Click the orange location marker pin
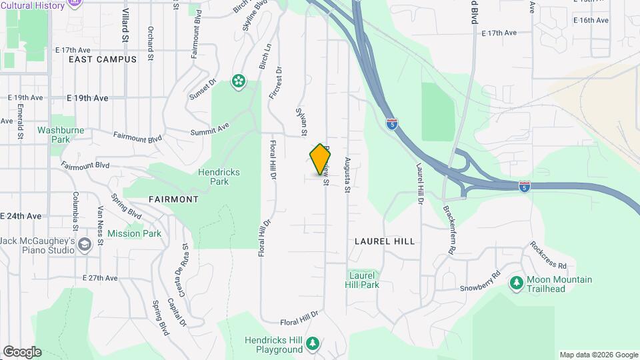(321, 159)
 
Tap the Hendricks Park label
(219, 177)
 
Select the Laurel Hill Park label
(362, 280)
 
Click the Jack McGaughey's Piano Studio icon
(85, 245)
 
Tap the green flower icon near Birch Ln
(238, 82)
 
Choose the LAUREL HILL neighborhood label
(385, 241)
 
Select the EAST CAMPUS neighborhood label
(103, 59)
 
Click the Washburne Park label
(61, 135)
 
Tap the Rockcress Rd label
(548, 255)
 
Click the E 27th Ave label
(100, 278)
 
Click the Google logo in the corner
(21, 352)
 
